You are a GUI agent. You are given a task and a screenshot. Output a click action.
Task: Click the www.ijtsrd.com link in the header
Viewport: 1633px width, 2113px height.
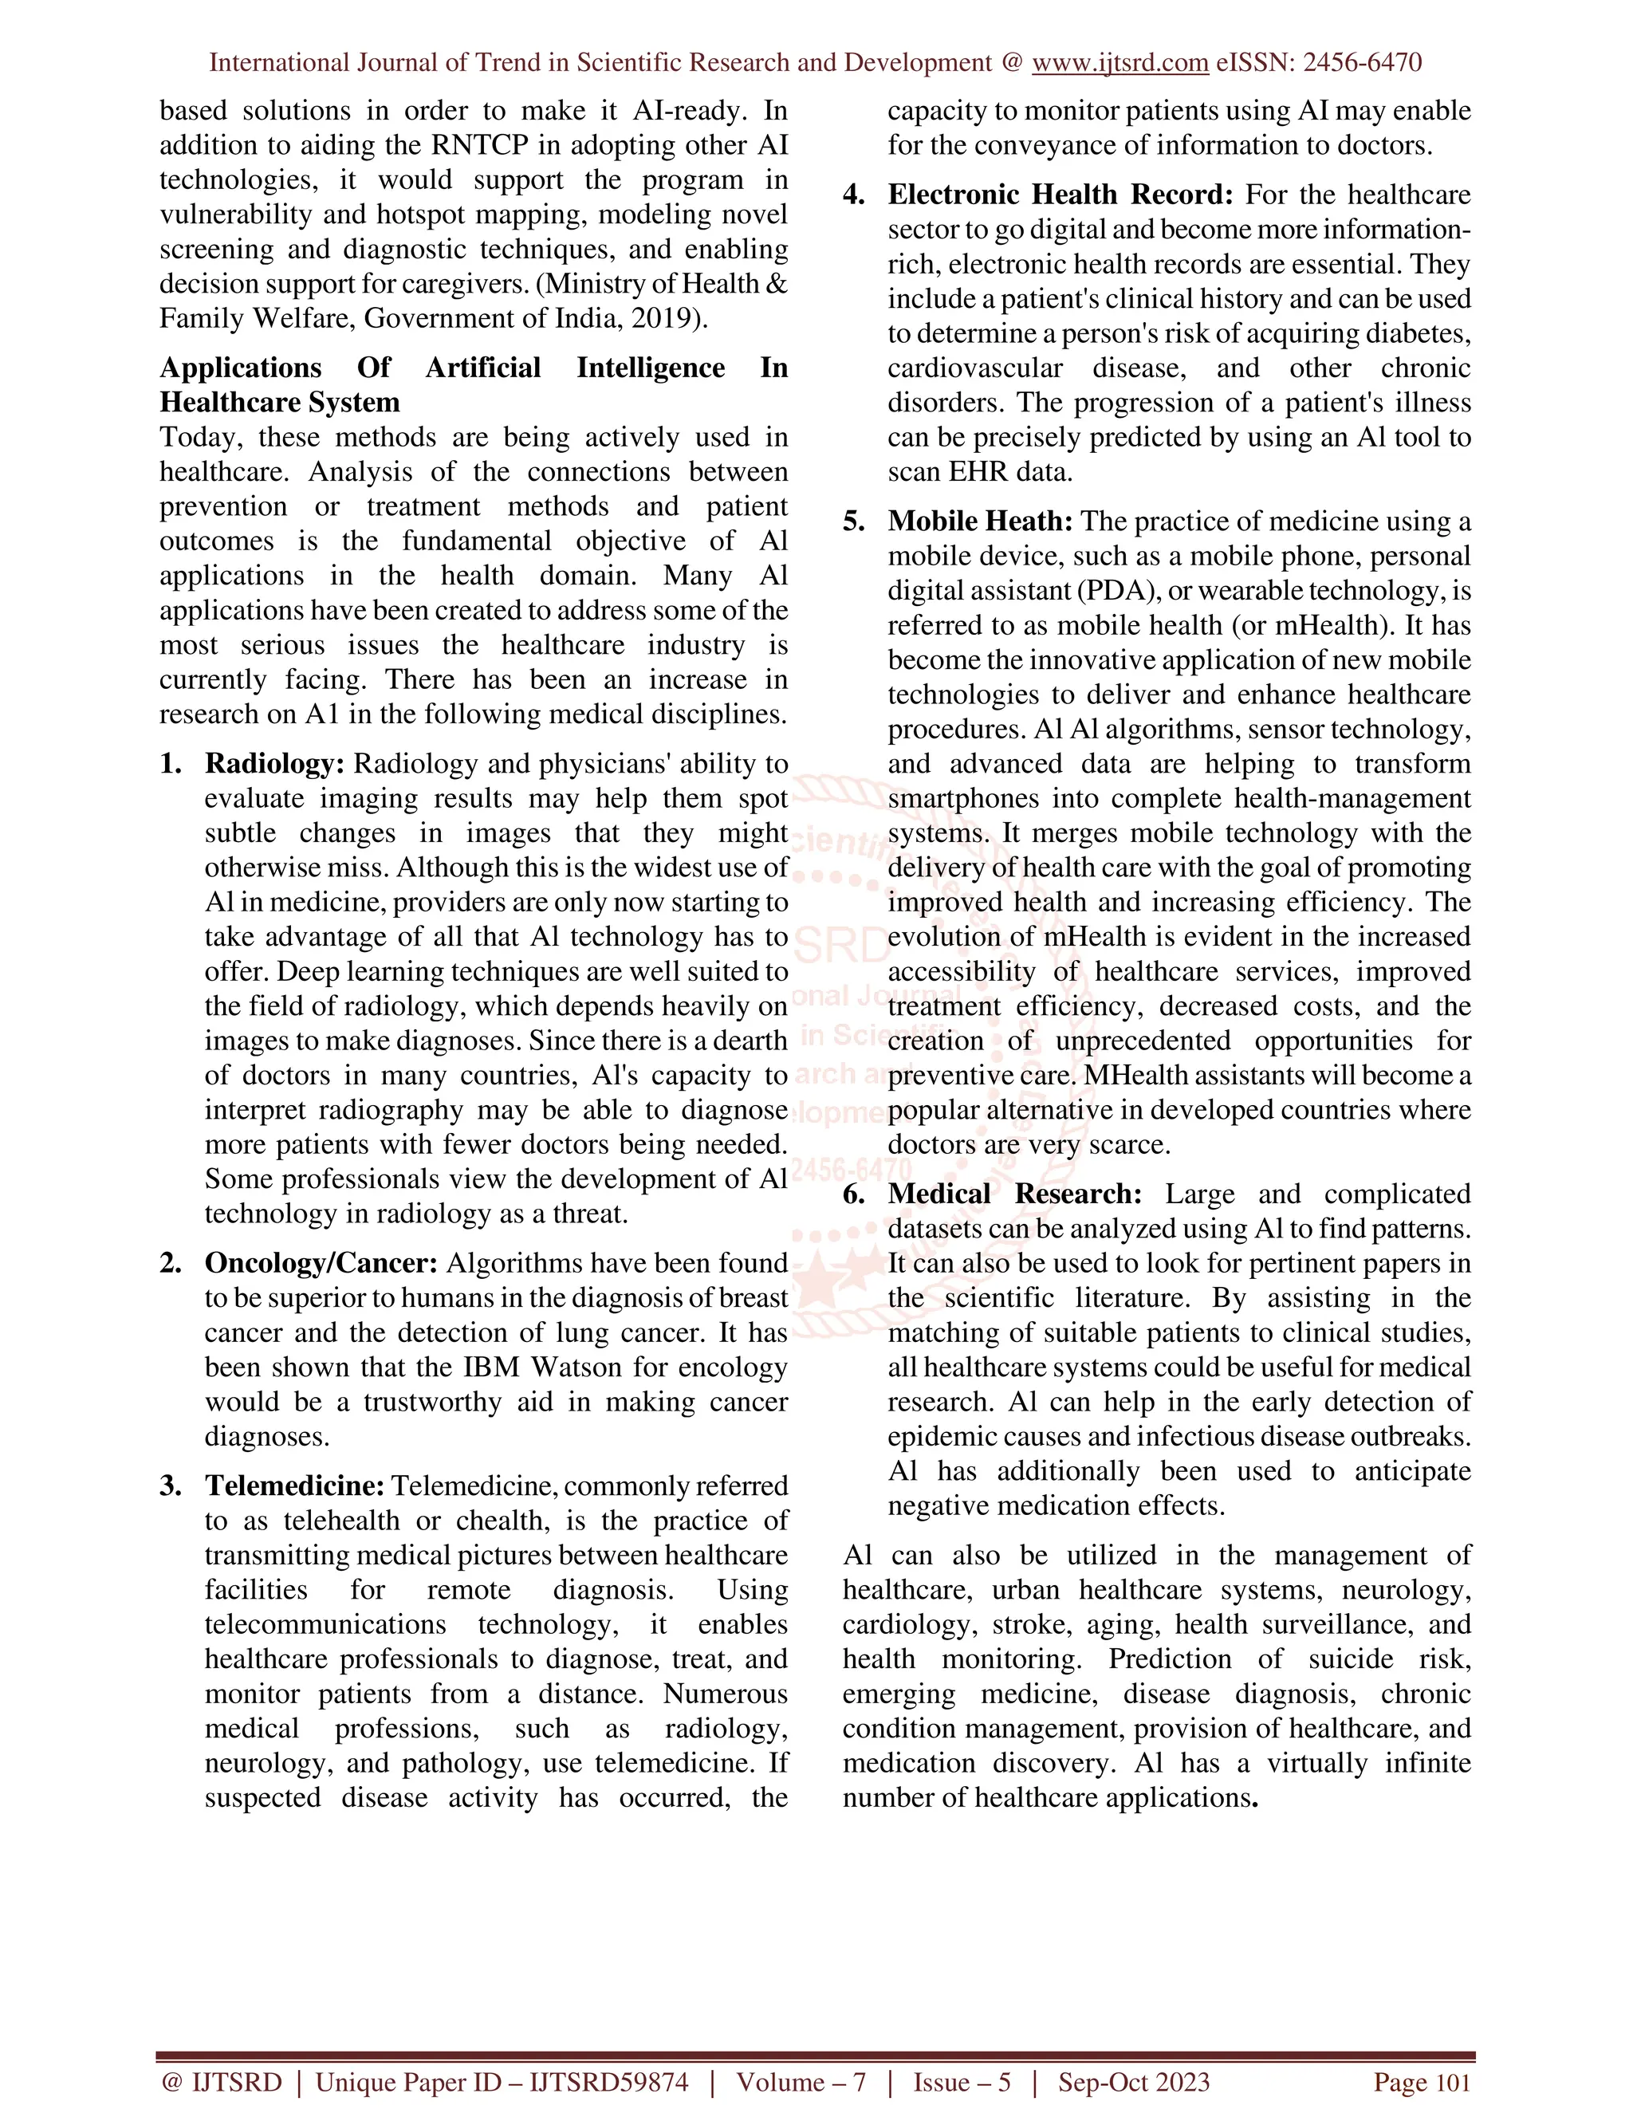pos(1119,63)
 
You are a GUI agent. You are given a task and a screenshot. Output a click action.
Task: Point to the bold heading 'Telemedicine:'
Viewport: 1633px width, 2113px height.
pos(294,1486)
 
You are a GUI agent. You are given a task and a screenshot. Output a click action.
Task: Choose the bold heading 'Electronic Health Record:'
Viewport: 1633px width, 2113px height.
pos(1060,195)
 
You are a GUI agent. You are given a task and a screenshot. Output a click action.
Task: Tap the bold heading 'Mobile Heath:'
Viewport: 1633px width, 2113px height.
pos(980,521)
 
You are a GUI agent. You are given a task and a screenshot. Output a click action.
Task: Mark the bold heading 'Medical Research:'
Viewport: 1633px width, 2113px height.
pos(1015,1194)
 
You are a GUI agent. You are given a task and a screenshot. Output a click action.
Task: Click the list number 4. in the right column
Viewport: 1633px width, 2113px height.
pos(853,195)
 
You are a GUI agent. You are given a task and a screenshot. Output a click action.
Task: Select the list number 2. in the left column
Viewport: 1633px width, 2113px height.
pos(171,1264)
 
